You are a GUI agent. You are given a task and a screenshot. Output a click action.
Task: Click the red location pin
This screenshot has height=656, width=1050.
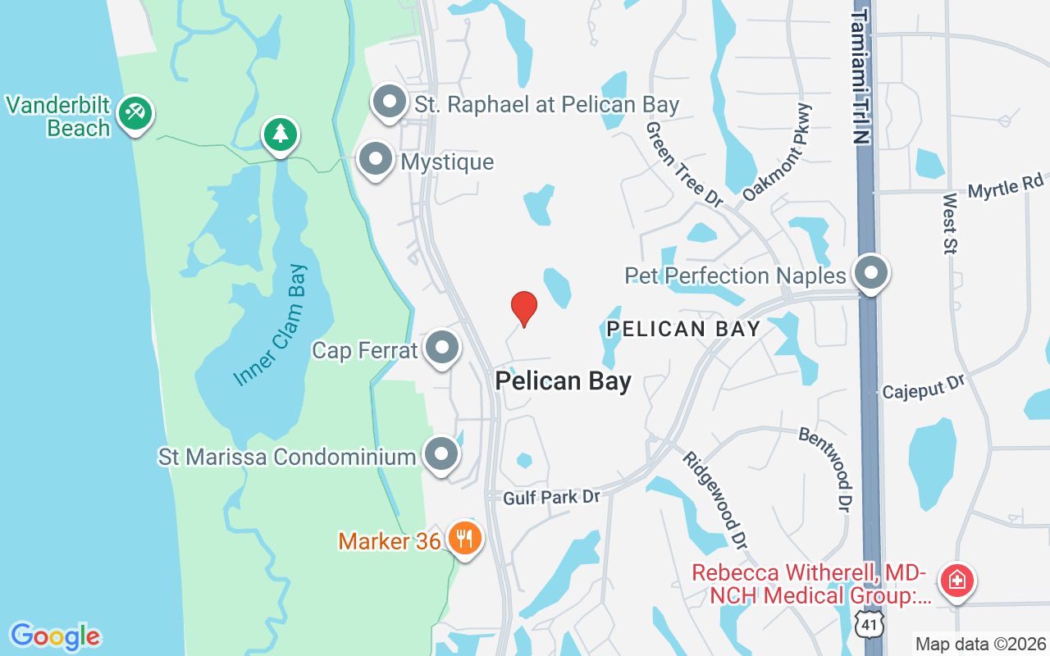coord(524,308)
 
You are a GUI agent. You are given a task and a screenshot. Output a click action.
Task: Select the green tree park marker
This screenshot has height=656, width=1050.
coord(281,134)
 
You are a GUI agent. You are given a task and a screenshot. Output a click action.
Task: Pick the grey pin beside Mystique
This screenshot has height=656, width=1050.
coord(376,158)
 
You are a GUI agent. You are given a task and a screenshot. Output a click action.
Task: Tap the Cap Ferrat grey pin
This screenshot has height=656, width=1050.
coord(442,348)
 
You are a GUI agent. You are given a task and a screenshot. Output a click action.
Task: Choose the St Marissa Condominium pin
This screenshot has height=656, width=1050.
coord(441,453)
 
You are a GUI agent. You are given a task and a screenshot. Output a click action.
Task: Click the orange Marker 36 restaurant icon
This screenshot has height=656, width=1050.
coord(465,539)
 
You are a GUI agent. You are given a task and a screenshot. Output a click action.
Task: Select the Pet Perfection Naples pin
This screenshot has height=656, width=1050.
coord(870,272)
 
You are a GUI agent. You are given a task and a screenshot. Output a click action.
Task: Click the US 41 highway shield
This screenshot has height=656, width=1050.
coord(868,626)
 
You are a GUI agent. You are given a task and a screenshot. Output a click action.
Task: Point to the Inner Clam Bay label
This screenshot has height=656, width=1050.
coord(270,326)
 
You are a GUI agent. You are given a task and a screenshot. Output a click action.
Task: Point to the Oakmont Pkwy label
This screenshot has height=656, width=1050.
coord(776,153)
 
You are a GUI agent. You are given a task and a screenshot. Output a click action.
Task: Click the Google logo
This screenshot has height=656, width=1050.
coord(55,636)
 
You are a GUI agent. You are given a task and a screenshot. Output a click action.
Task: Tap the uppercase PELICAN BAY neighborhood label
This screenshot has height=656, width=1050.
coord(683,329)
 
